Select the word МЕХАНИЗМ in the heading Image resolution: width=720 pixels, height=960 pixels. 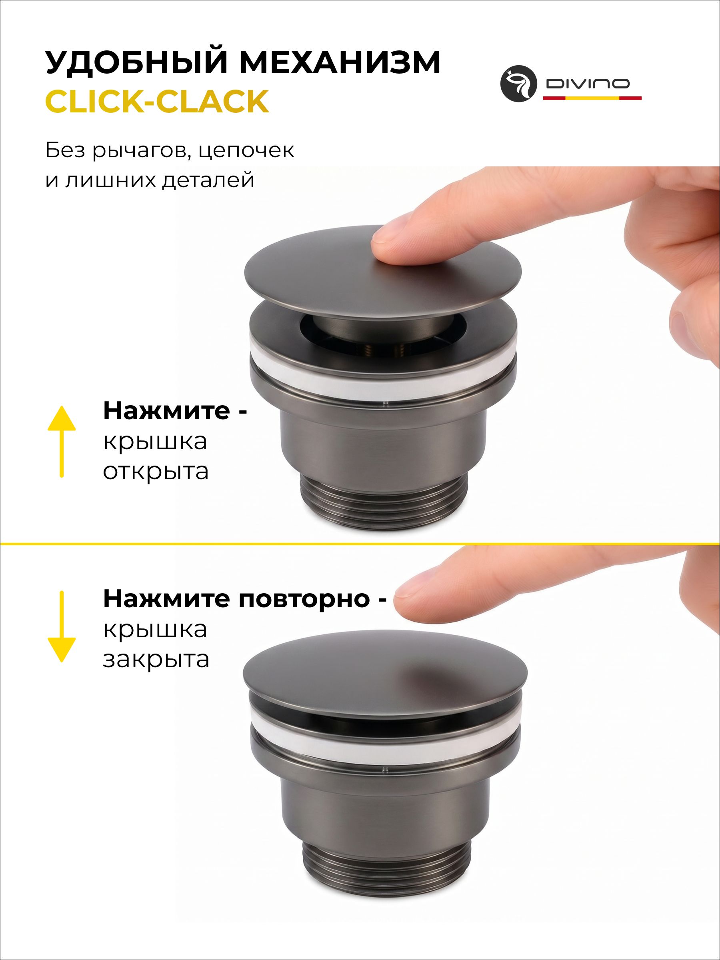340,62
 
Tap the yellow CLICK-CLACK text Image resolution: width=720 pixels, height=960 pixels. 157,101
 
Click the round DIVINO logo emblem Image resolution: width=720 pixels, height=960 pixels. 519,84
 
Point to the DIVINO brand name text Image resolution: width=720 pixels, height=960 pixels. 588,83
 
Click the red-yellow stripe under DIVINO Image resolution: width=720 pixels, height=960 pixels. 592,98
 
